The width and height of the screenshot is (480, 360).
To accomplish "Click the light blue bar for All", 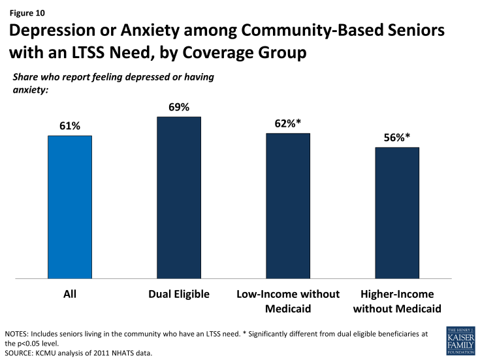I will click(70, 207).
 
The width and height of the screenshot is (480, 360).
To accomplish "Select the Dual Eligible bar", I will click(179, 198).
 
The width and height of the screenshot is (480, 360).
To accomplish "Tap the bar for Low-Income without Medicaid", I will click(288, 206).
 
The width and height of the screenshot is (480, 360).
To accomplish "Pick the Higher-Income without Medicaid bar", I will click(397, 213).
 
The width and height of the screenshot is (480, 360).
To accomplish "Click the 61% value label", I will click(70, 125).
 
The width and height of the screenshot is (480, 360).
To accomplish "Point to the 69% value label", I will click(179, 106).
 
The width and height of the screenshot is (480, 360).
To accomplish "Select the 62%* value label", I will click(288, 123).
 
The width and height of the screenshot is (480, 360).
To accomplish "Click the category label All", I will click(70, 295).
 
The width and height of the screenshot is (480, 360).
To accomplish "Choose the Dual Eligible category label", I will click(179, 295).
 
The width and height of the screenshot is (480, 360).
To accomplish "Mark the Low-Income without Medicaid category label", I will click(288, 301).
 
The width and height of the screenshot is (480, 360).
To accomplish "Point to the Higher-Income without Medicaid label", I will click(397, 301).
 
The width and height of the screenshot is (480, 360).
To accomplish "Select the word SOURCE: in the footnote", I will click(21, 353).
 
